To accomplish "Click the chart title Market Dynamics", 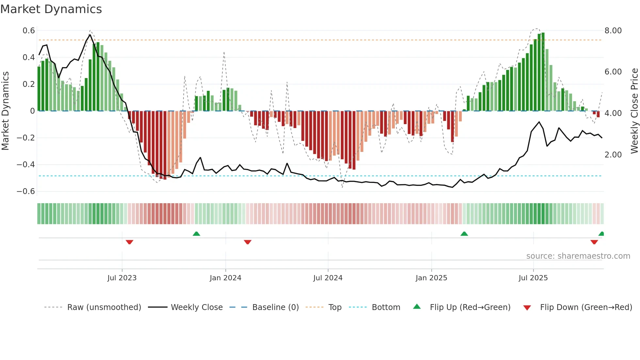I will click(51, 9).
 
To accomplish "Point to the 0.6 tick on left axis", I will click(28, 31).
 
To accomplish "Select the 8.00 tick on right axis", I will click(613, 31).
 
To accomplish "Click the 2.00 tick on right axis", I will click(613, 155).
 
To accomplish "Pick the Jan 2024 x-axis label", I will click(225, 278).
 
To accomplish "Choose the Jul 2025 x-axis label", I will click(533, 278).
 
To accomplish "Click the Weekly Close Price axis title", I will click(634, 111).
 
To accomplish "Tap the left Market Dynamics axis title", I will click(5, 111).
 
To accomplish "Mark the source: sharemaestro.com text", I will click(578, 256).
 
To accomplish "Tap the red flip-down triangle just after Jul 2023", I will click(129, 242).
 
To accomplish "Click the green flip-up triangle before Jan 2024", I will click(196, 234).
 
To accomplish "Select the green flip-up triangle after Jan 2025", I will click(464, 234).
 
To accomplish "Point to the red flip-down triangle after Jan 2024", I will click(248, 242).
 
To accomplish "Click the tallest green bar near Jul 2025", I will click(543, 72).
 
